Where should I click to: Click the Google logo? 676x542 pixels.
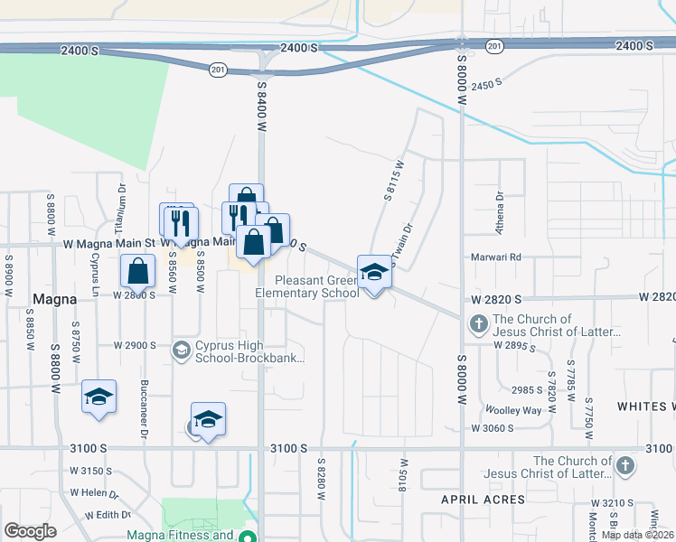point(30,531)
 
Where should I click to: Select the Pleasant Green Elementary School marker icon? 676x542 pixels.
point(374,271)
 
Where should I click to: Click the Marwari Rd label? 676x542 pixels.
point(496,257)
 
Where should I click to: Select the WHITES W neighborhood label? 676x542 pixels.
point(646,406)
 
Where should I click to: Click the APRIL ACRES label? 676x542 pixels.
point(483,500)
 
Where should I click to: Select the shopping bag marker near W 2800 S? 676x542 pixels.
point(137,270)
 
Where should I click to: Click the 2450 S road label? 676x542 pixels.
point(485,84)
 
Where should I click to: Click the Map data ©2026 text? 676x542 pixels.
point(637,535)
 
